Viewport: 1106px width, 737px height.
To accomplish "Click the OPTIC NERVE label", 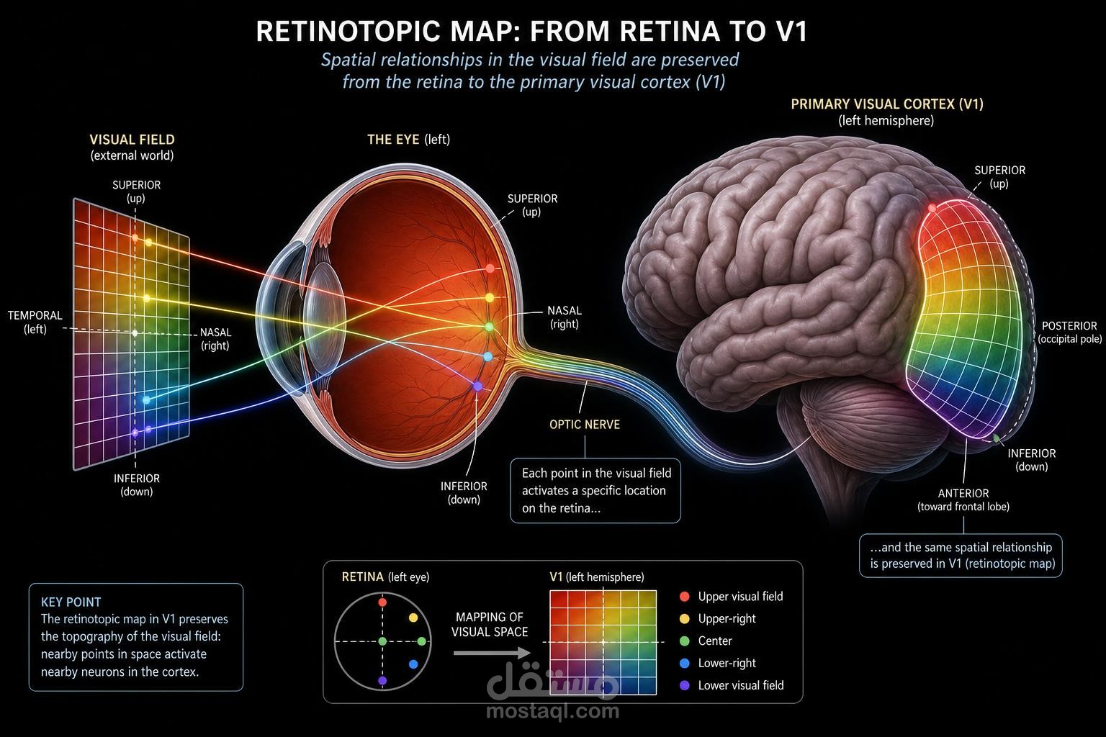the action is click(x=585, y=425).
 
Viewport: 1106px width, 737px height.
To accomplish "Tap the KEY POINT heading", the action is click(x=71, y=602).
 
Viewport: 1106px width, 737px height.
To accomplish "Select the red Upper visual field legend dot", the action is click(x=684, y=597).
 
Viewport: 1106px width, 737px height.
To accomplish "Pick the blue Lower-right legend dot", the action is click(x=684, y=663).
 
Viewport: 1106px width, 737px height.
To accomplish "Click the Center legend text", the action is click(x=715, y=641).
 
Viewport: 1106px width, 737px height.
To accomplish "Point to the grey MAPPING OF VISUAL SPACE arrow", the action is click(x=492, y=653).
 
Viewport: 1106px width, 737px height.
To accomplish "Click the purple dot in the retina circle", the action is click(x=382, y=681).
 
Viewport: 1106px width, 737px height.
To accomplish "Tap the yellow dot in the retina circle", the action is click(x=413, y=618).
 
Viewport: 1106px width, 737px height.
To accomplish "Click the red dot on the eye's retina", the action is click(x=490, y=268).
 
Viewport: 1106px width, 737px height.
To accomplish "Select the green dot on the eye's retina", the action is click(x=489, y=327).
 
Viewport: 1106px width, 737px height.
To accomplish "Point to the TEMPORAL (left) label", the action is click(x=35, y=322).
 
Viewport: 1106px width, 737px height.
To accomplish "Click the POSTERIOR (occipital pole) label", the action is click(x=1069, y=333).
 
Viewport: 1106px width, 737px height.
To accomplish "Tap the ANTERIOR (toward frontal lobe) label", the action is click(x=963, y=500).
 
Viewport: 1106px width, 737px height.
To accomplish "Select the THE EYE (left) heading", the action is click(x=408, y=140).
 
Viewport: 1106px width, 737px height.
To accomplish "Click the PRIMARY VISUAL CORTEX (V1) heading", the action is click(x=887, y=104).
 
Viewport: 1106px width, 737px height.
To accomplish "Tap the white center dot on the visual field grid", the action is click(x=135, y=333).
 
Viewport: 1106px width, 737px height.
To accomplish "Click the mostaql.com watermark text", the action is click(x=552, y=711).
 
